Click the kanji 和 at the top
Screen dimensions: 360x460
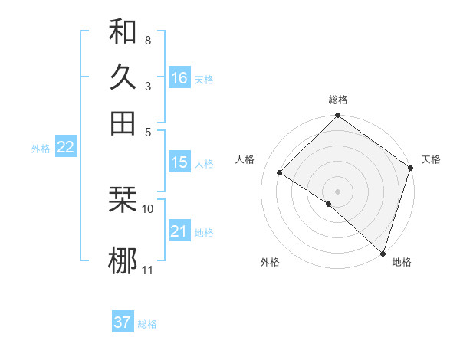(123, 31)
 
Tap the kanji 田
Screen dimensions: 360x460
(123, 123)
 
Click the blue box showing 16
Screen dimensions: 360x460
(179, 78)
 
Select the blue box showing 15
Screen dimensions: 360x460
(179, 162)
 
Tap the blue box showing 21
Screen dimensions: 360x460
(179, 231)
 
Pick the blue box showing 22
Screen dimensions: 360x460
(65, 148)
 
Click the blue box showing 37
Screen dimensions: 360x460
(123, 322)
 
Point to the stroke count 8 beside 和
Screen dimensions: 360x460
(147, 39)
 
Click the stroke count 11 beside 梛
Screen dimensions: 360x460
(148, 270)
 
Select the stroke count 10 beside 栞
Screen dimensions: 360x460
(148, 208)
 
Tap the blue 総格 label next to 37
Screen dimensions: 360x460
(147, 324)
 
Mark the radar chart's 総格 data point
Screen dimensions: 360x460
(337, 116)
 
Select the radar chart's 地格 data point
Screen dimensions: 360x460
(383, 253)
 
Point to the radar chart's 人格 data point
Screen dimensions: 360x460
(280, 172)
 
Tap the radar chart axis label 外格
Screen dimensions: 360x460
(270, 263)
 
